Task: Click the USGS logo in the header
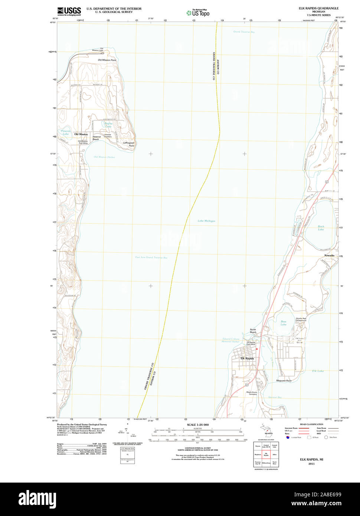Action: click(x=69, y=11)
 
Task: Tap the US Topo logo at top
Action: click(x=198, y=13)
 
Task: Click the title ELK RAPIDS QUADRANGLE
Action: click(x=318, y=8)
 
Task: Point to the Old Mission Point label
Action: click(x=107, y=60)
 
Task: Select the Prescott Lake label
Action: click(x=66, y=132)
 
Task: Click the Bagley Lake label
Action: click(x=108, y=125)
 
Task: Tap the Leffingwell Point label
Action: click(x=129, y=144)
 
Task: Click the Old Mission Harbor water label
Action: click(x=104, y=157)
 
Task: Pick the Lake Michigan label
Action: click(x=206, y=221)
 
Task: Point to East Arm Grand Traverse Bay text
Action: click(x=151, y=257)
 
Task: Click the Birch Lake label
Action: click(x=321, y=228)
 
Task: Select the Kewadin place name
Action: click(x=329, y=256)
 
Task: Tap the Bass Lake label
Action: click(x=284, y=323)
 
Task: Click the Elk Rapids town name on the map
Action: click(x=247, y=358)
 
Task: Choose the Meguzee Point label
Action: click(x=284, y=381)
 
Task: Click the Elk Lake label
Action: click(x=318, y=371)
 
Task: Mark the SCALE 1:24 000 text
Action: click(x=198, y=425)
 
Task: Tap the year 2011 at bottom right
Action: click(x=311, y=464)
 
